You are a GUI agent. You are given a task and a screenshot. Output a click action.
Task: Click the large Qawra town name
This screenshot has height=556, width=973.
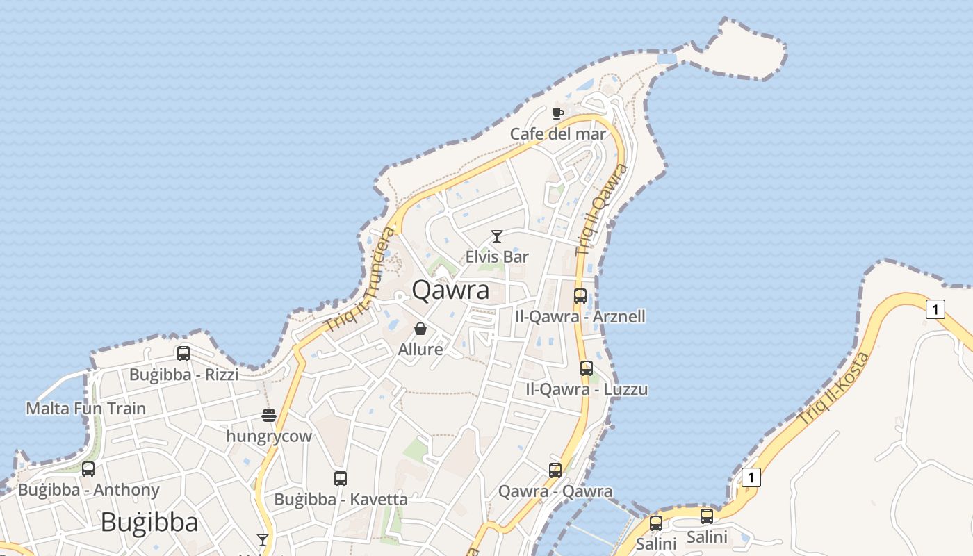pos(451,291)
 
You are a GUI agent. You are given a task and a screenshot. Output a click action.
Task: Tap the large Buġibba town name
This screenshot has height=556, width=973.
pos(149,522)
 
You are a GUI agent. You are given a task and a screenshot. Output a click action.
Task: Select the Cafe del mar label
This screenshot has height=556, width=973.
pos(558,133)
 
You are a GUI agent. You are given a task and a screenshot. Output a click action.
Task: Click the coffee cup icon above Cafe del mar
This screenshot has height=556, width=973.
pos(557,113)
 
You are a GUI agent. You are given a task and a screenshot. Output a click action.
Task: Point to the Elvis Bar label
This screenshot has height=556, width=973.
pos(497,256)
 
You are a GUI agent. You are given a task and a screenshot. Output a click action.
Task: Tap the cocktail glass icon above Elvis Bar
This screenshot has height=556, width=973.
pos(497,236)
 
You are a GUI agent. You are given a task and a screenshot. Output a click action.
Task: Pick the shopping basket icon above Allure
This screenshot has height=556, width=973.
pos(420,329)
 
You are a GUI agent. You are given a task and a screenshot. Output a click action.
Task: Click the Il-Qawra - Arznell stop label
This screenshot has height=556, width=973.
pos(580,317)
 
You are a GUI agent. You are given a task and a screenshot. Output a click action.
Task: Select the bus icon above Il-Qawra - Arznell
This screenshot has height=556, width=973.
pos(580,295)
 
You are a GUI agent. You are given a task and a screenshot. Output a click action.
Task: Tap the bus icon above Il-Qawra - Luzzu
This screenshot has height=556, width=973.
pos(587,368)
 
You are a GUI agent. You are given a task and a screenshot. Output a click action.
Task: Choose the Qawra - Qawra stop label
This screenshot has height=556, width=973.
pos(555,492)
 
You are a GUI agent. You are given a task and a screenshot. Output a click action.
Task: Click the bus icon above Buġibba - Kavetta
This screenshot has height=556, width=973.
pos(340,478)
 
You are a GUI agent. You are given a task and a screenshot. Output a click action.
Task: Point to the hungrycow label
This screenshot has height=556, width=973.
pos(269,436)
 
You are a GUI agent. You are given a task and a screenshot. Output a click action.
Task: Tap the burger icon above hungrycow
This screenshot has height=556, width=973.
pos(269,416)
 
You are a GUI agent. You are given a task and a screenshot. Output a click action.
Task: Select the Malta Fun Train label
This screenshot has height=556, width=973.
pos(86,408)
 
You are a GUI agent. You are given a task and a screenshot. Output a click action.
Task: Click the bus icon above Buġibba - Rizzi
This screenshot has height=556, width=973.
pos(183,353)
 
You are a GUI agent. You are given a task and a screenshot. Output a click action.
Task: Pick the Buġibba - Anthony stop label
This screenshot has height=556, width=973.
pos(89,490)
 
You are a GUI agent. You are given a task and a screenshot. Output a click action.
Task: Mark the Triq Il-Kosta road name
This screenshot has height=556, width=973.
pos(834,390)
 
